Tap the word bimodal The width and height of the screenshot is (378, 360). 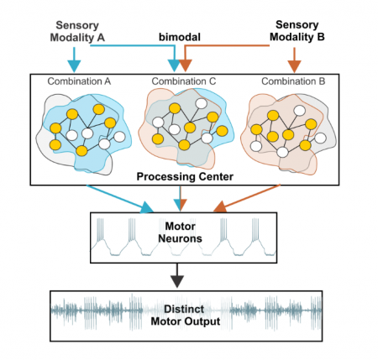tap(182, 38)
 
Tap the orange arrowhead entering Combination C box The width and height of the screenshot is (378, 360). tap(187, 65)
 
